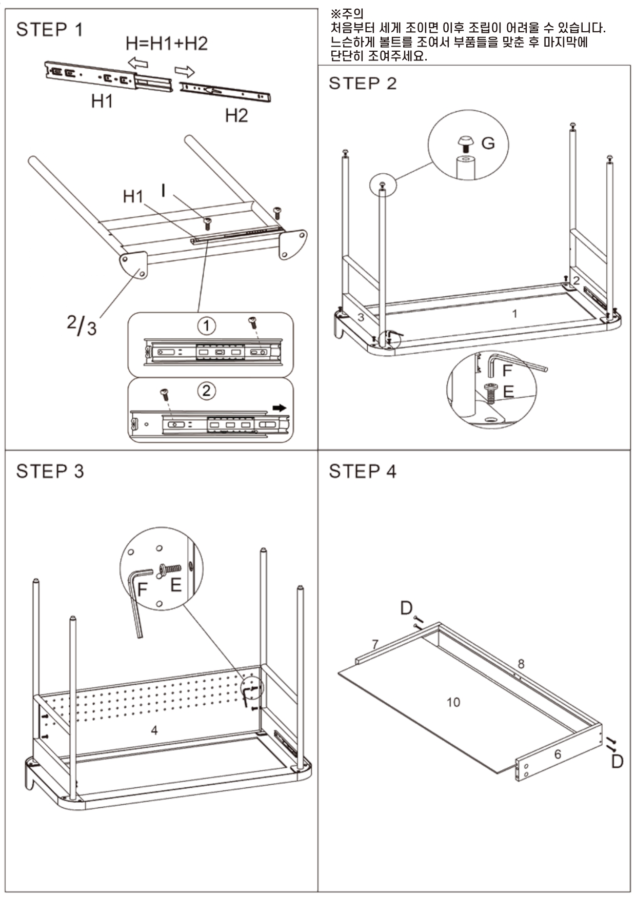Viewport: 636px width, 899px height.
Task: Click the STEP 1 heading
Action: click(49, 30)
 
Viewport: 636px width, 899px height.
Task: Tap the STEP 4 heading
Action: click(362, 471)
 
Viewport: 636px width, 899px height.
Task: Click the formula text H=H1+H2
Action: click(167, 44)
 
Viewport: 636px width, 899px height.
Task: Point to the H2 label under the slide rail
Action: click(236, 115)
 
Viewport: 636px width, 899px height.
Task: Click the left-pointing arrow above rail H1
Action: click(138, 63)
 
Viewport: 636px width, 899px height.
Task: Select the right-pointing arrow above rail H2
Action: click(185, 71)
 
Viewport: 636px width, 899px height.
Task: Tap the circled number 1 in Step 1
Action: click(206, 326)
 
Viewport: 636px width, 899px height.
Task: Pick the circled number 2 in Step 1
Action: click(206, 391)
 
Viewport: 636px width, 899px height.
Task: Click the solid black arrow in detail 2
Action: click(280, 408)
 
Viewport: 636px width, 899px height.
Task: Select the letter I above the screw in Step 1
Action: click(163, 191)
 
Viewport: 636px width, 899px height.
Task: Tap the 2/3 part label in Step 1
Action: click(82, 325)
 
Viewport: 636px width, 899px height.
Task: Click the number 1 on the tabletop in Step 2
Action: click(514, 313)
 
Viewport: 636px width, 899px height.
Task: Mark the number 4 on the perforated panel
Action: click(154, 730)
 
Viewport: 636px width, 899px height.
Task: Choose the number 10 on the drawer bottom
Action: click(453, 702)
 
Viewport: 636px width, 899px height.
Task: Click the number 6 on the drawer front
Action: click(558, 754)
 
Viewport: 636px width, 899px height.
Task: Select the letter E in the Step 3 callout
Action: click(176, 585)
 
